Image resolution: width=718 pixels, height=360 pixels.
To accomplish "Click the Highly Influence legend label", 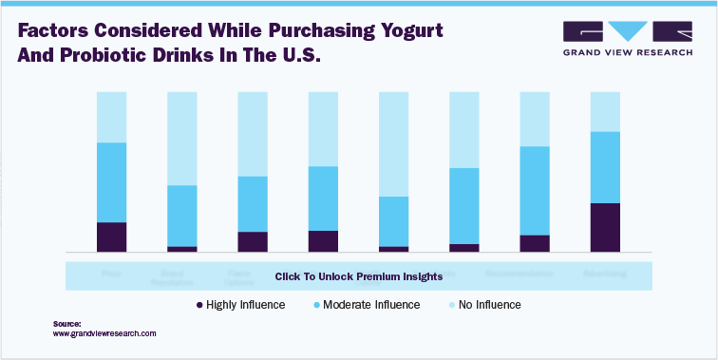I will [x=246, y=305].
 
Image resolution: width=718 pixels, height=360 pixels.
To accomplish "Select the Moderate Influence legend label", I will [x=370, y=305].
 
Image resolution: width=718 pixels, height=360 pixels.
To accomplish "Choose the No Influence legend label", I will [x=489, y=305].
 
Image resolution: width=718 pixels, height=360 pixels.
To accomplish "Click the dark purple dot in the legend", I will [x=199, y=305].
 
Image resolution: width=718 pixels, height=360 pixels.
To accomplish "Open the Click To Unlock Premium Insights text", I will [x=358, y=277].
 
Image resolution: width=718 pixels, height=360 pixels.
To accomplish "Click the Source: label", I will [x=67, y=324].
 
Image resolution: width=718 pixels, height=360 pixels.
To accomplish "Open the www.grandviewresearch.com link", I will [x=104, y=334].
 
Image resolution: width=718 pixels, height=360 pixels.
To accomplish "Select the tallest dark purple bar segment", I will [x=605, y=228].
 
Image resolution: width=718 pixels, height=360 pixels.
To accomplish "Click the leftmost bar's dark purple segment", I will [x=112, y=237].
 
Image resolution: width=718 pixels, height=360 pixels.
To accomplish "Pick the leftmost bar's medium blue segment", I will [x=112, y=182].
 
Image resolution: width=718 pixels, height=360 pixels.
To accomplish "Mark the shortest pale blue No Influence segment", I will [x=605, y=111].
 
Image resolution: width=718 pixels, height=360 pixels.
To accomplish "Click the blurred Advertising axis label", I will [x=605, y=274].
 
